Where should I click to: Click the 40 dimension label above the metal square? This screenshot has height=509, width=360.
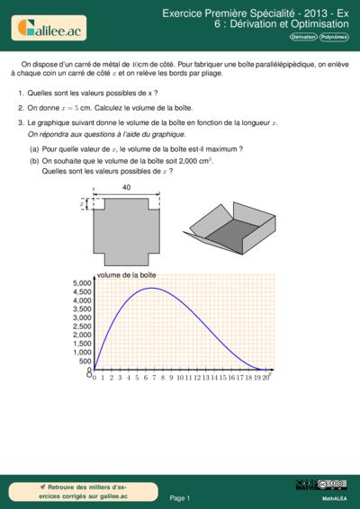tap(126, 187)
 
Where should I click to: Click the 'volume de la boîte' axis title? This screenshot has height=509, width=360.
tap(127, 273)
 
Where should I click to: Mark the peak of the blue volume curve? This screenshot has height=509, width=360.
tap(153, 288)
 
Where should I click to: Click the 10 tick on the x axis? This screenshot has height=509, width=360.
tap(181, 378)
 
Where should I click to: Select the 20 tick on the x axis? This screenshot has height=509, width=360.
tap(265, 378)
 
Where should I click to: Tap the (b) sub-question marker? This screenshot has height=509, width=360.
tap(34, 159)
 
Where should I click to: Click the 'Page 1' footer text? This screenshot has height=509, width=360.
tap(180, 497)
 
